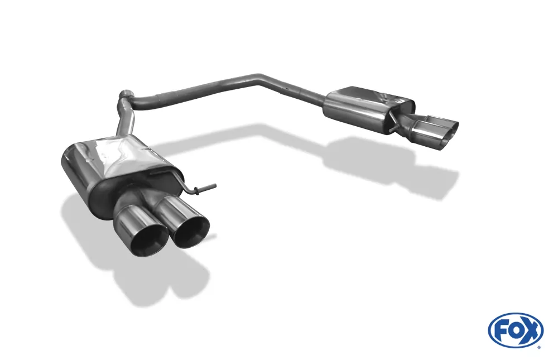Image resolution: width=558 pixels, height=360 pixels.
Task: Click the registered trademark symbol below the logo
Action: (538, 347)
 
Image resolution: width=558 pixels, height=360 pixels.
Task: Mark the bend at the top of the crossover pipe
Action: (258, 78)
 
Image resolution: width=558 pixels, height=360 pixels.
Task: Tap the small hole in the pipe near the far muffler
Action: (285, 88)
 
